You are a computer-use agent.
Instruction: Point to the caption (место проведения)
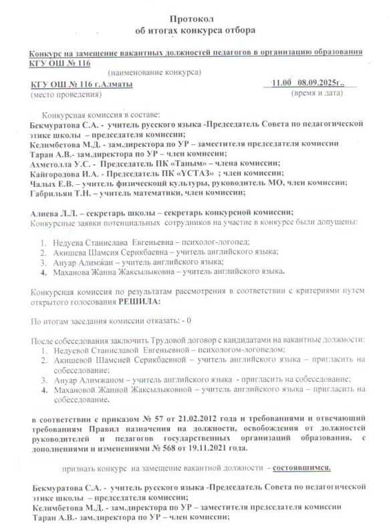pyautogui.click(x=61, y=95)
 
